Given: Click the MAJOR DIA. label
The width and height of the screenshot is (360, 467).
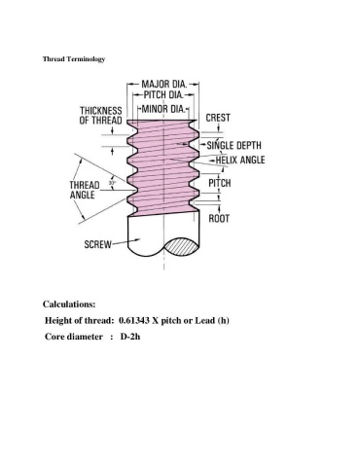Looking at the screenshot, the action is tap(164, 85).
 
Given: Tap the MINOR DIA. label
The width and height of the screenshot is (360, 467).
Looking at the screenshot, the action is tap(163, 109).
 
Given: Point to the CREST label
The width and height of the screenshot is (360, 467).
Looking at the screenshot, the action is tap(218, 118).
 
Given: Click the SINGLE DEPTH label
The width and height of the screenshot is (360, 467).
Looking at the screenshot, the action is tap(234, 145).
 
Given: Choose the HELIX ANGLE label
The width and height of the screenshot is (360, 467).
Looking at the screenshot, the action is tap(240, 160).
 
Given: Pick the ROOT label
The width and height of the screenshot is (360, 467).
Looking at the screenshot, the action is tap(219, 219).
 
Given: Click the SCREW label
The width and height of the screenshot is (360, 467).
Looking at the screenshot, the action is tap(97, 244).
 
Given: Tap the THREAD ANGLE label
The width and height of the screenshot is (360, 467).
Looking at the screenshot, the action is tap(85, 190).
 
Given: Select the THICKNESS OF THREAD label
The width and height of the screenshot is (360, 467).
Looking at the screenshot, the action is tap(101, 116).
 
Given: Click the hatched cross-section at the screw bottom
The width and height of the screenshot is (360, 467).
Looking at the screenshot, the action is tap(181, 247).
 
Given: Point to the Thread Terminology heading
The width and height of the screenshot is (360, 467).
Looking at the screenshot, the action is tap(74, 59).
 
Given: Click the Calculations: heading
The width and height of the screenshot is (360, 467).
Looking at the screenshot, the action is tap(69, 305).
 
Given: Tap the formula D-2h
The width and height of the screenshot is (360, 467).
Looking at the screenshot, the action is tap(130, 337).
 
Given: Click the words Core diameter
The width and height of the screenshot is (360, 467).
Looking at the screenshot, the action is tap(74, 337).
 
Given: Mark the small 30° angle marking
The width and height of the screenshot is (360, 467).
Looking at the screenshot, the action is tap(112, 183).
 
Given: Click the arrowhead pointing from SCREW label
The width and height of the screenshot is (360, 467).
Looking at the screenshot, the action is tap(137, 240).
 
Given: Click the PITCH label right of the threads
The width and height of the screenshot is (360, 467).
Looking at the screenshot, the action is tap(220, 183).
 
